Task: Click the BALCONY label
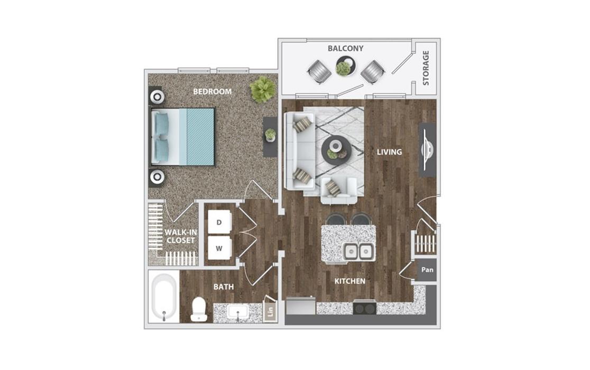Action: (x=345, y=49)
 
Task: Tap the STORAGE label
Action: (x=426, y=68)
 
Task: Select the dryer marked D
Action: (x=219, y=222)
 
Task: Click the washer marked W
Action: (x=219, y=248)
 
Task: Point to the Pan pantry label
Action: (x=427, y=270)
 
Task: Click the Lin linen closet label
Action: (x=271, y=311)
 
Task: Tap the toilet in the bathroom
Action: (x=199, y=309)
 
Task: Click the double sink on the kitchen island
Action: (x=358, y=251)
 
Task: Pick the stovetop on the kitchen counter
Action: (x=365, y=308)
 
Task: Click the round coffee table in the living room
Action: (x=336, y=149)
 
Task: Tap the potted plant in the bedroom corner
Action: (x=263, y=89)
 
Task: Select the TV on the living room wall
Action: (x=427, y=149)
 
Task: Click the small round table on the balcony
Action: (x=345, y=66)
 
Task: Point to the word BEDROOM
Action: (x=212, y=91)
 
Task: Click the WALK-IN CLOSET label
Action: (x=181, y=236)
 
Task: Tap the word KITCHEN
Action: (x=350, y=281)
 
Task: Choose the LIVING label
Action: (x=390, y=152)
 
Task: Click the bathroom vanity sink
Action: (x=238, y=312)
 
